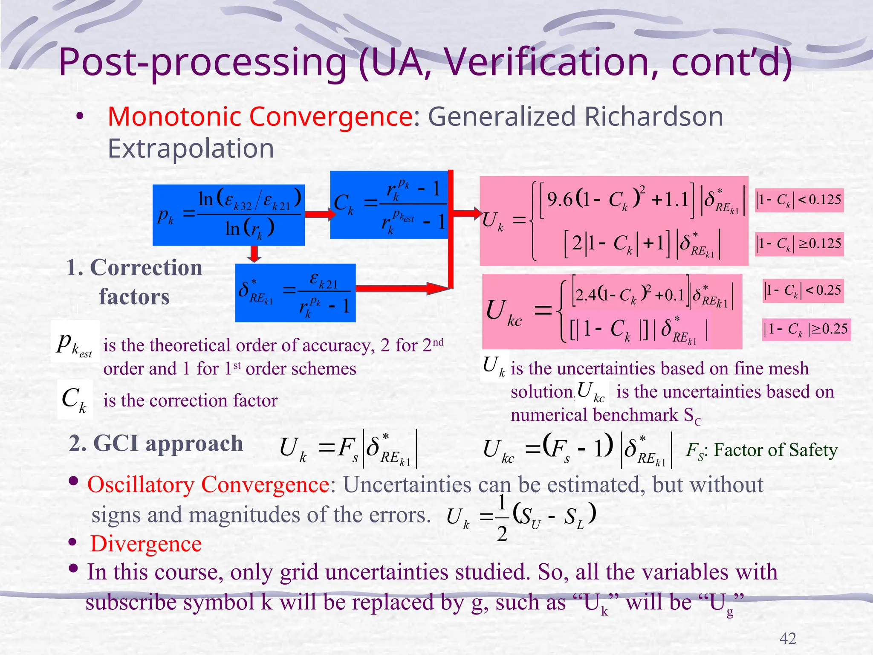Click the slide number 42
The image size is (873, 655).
pyautogui.click(x=787, y=638)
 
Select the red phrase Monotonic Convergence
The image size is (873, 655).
pyautogui.click(x=260, y=116)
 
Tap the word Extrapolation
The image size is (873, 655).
pyautogui.click(x=191, y=148)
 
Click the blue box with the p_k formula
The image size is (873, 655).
pyautogui.click(x=228, y=215)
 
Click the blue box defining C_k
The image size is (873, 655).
pyautogui.click(x=389, y=205)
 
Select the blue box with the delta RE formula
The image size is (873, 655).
pyautogui.click(x=295, y=293)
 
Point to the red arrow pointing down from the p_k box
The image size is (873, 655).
pyautogui.click(x=254, y=254)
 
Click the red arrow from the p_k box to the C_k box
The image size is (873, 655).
pyautogui.click(x=320, y=214)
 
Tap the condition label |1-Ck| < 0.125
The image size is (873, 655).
pyautogui.click(x=799, y=200)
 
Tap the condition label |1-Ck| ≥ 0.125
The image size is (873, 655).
pyautogui.click(x=799, y=244)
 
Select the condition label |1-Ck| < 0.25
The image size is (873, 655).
pyautogui.click(x=803, y=291)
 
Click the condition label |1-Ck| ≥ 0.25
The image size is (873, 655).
pyautogui.click(x=806, y=329)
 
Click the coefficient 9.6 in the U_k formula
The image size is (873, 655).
pyautogui.click(x=559, y=199)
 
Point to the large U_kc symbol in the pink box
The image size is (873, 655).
pyautogui.click(x=503, y=312)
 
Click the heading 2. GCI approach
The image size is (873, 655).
pyautogui.click(x=156, y=443)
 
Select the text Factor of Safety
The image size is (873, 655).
pyautogui.click(x=775, y=450)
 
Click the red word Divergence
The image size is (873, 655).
pyautogui.click(x=146, y=544)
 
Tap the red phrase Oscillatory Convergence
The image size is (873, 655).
pyautogui.click(x=208, y=485)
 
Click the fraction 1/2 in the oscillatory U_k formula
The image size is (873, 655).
pyautogui.click(x=502, y=518)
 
